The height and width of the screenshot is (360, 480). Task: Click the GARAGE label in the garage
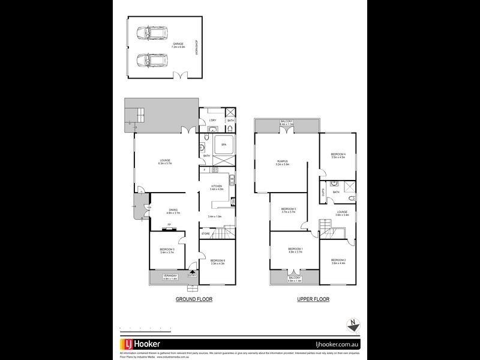178,43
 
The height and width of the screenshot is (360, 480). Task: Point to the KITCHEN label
216,186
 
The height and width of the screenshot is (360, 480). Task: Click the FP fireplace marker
169,225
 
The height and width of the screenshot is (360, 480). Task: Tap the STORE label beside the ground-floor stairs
205,234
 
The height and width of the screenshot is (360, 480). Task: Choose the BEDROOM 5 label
166,249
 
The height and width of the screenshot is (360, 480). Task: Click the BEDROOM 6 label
217,260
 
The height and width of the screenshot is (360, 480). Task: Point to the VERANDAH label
170,276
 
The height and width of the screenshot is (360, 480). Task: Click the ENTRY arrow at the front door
192,275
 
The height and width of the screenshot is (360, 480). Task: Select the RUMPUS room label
283,161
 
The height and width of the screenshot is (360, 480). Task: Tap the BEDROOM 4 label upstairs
339,155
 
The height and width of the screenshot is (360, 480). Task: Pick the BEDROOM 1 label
295,249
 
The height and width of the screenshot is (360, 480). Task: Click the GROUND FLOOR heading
194,298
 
